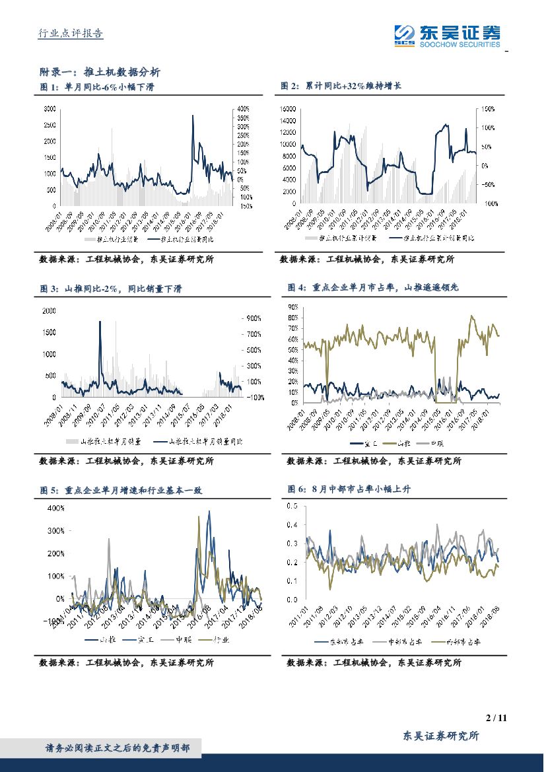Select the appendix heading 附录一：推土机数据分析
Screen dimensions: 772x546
99,72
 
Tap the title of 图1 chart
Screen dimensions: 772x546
96,87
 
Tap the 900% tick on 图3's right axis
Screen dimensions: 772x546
254,318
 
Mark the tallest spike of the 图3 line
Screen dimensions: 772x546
100,322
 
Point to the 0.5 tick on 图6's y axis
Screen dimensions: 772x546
292,506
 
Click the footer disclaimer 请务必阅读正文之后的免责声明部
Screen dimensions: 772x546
118,748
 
